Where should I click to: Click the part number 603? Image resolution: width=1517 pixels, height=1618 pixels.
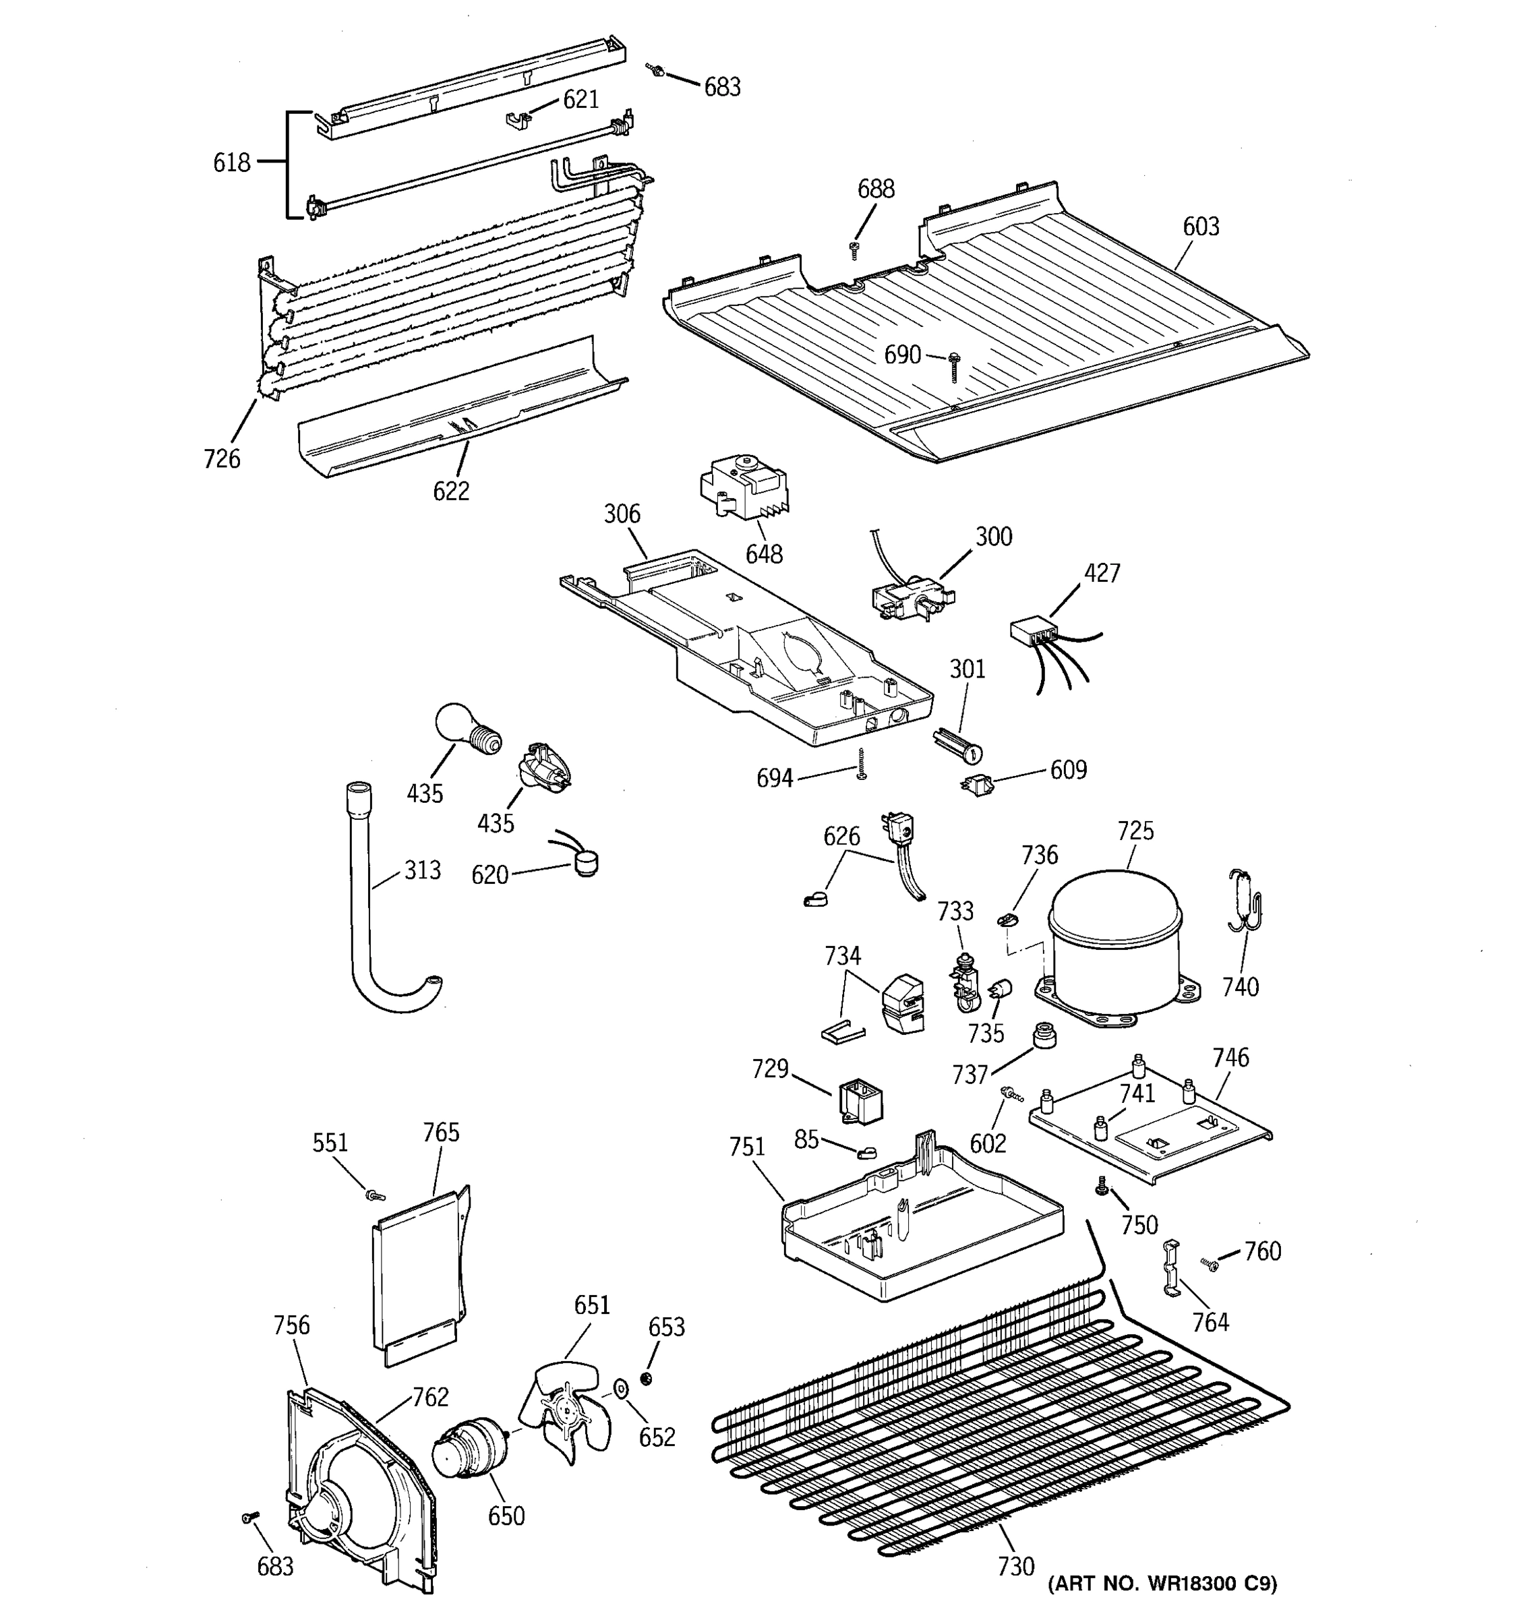tap(1200, 227)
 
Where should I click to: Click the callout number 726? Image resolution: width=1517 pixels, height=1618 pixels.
tap(221, 459)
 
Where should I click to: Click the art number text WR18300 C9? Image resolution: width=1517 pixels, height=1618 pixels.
tap(1162, 1584)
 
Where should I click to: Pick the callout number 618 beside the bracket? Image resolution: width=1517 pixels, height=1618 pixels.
tap(231, 162)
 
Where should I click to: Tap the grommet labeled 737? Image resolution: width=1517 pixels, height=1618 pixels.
tap(1042, 1037)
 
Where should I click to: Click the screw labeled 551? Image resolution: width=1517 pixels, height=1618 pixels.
tap(375, 1195)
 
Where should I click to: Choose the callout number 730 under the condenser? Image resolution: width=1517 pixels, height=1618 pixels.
tap(1015, 1566)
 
